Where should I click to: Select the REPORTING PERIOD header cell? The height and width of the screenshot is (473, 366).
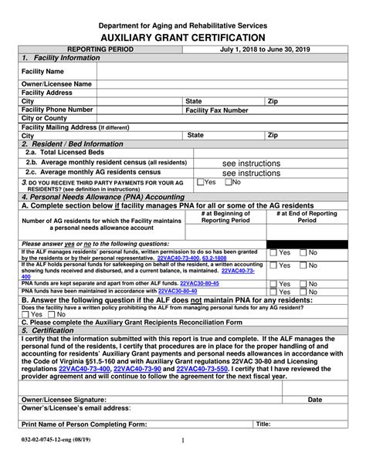point(100,49)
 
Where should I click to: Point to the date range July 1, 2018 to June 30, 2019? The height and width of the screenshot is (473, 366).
point(266,49)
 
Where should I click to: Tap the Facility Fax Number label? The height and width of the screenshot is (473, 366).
point(217,110)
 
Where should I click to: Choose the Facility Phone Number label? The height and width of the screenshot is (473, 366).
point(57,110)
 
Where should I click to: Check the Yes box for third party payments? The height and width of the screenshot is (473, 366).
point(202,182)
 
